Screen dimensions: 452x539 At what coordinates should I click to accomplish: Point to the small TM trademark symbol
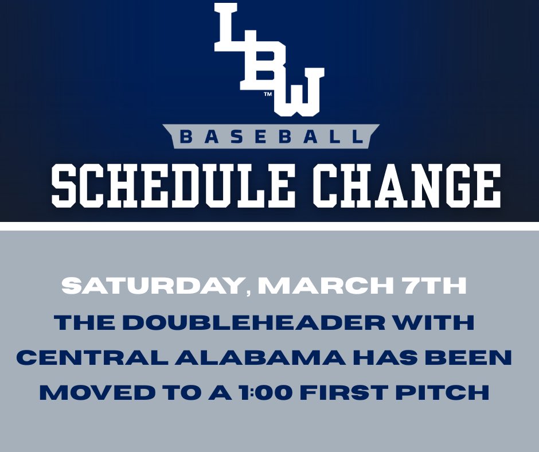[267, 95]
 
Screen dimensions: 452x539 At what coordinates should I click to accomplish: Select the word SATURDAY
[153, 286]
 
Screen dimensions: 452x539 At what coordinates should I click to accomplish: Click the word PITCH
[448, 393]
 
